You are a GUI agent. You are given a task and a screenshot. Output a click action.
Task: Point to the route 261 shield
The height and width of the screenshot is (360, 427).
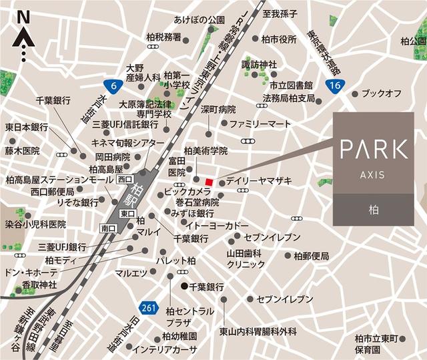(149, 307)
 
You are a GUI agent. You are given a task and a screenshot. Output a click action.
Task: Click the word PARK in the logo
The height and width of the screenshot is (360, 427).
(373, 148)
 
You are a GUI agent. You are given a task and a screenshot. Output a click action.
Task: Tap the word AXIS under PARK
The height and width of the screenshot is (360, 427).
(373, 176)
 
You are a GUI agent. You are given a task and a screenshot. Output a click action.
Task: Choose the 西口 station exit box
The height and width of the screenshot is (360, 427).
(125, 179)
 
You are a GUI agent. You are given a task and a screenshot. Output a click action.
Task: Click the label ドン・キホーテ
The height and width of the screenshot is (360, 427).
(31, 273)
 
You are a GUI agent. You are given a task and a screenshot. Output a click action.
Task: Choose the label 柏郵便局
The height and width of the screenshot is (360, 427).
(311, 255)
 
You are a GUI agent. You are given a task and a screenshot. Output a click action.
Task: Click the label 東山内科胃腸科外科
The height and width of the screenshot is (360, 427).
(258, 331)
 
